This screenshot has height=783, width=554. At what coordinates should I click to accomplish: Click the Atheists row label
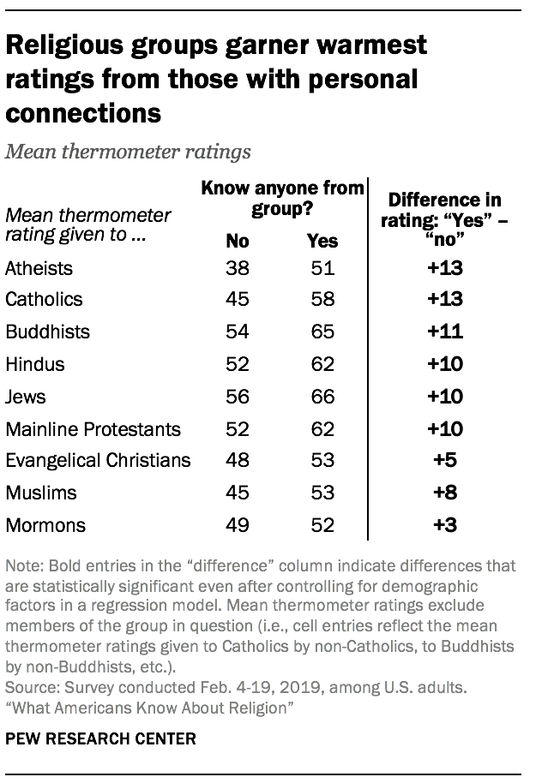(x=39, y=268)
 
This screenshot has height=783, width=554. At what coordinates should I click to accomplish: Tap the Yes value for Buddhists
(x=322, y=332)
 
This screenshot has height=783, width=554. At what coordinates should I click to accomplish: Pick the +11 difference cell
(x=445, y=332)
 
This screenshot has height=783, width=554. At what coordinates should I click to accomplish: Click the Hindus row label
(x=34, y=364)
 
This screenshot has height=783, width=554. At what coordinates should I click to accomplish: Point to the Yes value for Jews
(x=322, y=396)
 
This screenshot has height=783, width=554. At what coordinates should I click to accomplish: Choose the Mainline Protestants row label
(x=93, y=428)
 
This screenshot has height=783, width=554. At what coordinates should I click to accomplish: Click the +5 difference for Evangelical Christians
(x=445, y=460)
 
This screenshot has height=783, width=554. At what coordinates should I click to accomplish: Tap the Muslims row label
(x=40, y=493)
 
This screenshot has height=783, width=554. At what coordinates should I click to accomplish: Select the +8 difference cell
(x=445, y=493)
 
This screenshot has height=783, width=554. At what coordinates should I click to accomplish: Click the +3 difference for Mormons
(x=445, y=524)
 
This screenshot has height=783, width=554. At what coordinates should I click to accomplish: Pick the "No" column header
(x=238, y=241)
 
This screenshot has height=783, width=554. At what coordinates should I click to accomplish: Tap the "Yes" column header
(x=322, y=241)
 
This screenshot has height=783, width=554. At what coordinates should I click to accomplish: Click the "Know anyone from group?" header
(x=282, y=198)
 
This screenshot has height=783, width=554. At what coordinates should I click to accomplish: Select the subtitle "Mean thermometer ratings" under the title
(x=128, y=152)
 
